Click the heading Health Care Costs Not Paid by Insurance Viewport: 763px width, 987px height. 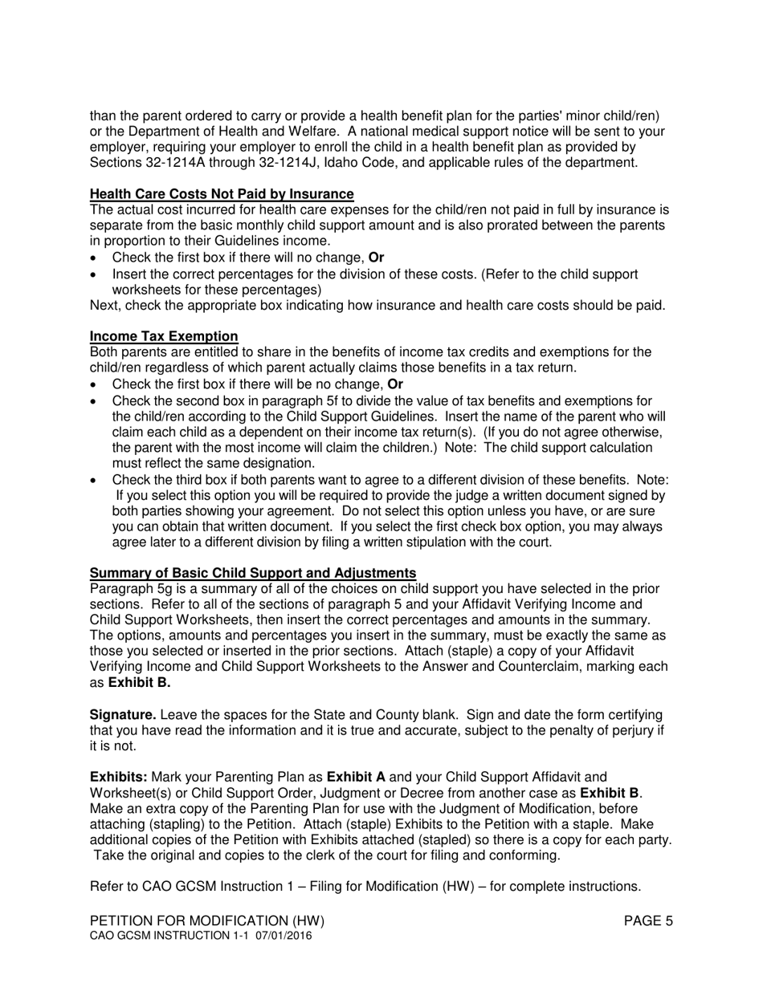tap(222, 193)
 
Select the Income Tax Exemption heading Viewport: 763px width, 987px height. tap(164, 336)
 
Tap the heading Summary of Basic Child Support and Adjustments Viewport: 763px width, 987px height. tap(253, 572)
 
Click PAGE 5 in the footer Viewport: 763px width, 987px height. tap(648, 921)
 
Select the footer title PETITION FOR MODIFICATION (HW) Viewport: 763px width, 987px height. tap(207, 921)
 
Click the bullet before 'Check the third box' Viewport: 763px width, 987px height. tap(94, 480)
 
